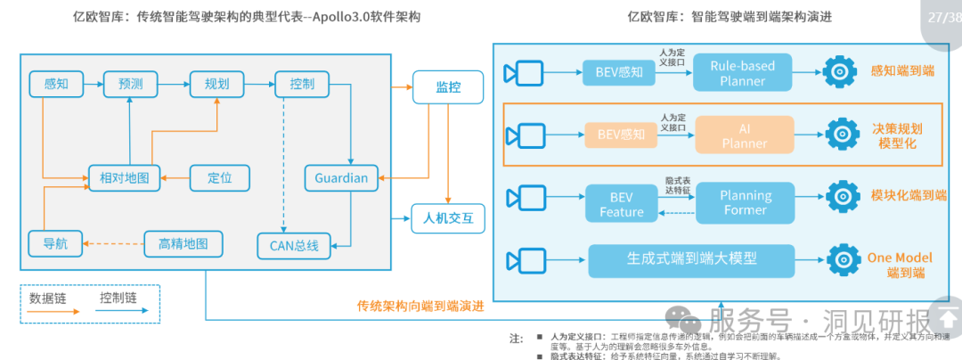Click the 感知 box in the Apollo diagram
coord(55,85)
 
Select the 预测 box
coord(130,85)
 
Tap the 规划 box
coord(216,85)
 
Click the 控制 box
coord(302,85)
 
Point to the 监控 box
coord(447,87)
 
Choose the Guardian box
coord(341,177)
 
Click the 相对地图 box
coord(124,178)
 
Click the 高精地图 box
coord(183,242)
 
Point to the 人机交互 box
coord(447,217)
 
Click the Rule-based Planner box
coord(743,72)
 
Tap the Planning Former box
coord(746,202)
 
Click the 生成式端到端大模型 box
coord(690,259)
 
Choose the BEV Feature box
coord(621,203)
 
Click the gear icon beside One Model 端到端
coord(842,259)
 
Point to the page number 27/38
coord(942,17)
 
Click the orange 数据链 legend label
coord(48,297)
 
